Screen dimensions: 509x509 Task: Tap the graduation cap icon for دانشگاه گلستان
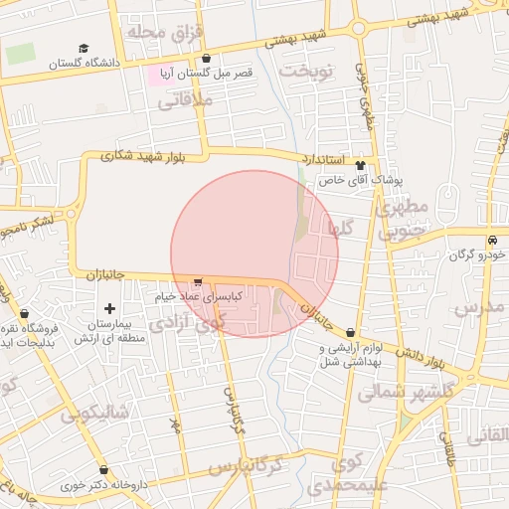click(84, 48)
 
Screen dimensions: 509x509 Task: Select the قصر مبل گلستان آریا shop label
click(209, 74)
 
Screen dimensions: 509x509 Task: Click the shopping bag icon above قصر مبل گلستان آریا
click(206, 59)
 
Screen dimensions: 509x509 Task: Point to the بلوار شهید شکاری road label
click(144, 155)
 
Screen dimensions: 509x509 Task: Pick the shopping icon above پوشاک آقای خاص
click(359, 166)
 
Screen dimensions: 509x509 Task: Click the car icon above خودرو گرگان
click(492, 242)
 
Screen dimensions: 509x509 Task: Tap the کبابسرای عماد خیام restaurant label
click(195, 295)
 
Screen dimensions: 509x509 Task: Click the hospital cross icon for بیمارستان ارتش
click(109, 309)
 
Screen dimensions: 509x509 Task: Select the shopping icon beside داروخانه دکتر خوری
click(104, 469)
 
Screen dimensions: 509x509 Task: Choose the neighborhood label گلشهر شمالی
click(397, 392)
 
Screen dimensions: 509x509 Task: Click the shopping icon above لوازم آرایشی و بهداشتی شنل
click(350, 332)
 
